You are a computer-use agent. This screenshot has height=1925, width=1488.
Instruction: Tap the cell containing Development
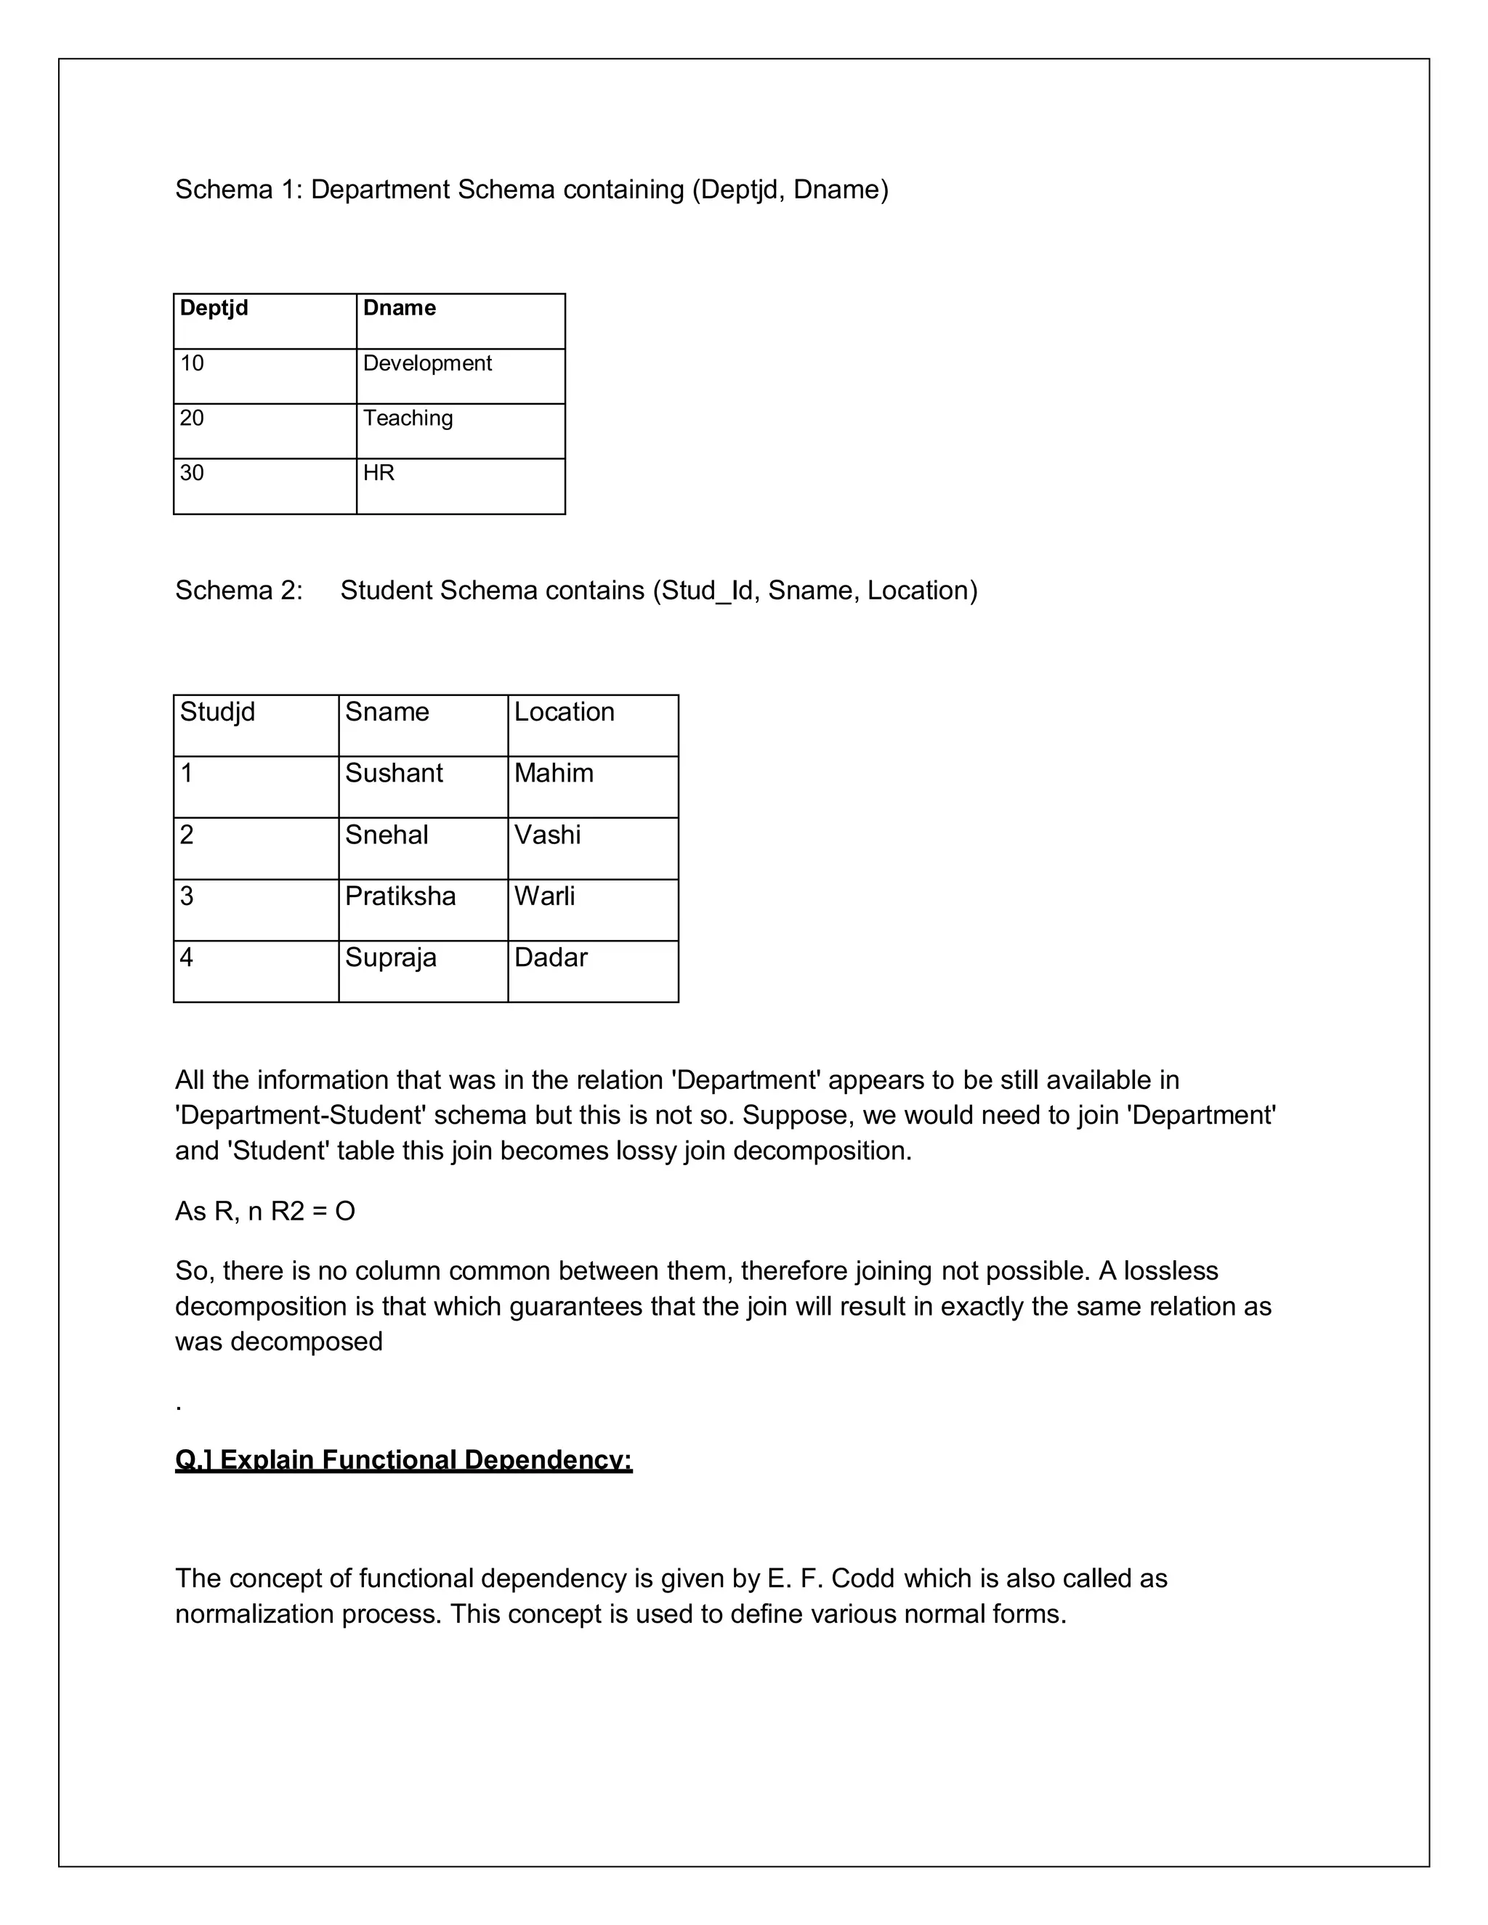pos(427,363)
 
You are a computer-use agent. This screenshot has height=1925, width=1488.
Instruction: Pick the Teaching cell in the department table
pos(408,418)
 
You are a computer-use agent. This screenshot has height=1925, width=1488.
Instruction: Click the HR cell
pos(379,474)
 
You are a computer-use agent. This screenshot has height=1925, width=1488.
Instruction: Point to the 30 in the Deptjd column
pos(192,474)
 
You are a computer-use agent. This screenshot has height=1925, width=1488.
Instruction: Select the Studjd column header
pos(218,712)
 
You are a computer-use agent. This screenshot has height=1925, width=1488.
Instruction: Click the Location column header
pos(564,712)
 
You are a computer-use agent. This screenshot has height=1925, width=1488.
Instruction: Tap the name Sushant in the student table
pos(394,773)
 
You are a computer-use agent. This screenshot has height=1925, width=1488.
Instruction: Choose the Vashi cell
pos(547,835)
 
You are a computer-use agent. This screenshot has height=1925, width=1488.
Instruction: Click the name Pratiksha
pos(400,896)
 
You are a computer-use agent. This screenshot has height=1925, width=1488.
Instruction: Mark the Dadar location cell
pos(551,957)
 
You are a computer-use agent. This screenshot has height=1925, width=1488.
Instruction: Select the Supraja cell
pos(390,957)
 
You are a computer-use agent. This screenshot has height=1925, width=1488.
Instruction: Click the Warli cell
pos(545,896)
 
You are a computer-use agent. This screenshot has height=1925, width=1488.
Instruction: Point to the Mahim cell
pos(554,773)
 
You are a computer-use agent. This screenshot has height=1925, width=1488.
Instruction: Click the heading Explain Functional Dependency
pos(404,1461)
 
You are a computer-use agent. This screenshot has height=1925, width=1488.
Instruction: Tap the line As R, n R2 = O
pos(265,1211)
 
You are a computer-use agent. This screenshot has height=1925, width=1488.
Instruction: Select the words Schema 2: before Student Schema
pos(239,591)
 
